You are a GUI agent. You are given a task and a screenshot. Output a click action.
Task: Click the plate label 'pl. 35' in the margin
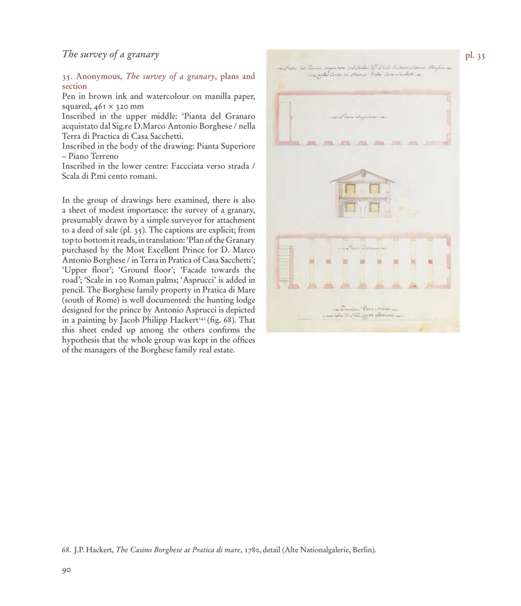475,56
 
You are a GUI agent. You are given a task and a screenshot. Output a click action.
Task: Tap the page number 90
66,570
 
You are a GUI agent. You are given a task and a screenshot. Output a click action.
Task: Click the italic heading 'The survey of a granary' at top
110,54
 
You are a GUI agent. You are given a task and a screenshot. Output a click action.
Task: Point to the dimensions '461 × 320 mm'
119,106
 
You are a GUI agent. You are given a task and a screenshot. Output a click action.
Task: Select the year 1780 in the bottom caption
252,550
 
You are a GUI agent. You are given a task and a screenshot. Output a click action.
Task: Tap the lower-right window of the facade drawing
374,207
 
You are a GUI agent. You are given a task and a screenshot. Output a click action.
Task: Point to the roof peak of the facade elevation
362,170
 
